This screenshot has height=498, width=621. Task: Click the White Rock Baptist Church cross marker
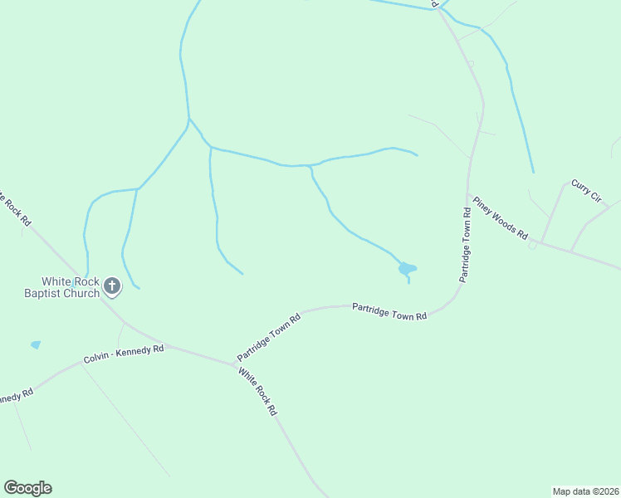coord(112,288)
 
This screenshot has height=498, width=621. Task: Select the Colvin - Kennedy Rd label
coord(124,354)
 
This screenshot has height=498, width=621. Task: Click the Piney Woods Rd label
coord(500,217)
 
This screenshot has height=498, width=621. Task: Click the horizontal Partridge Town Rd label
coord(389,312)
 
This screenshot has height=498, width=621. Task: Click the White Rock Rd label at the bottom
coord(257,392)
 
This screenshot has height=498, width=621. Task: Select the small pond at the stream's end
coord(406,268)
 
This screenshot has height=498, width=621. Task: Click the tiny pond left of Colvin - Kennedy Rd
coord(35,344)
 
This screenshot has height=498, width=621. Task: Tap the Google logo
coord(27,488)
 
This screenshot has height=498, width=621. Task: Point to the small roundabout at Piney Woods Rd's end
coord(533,245)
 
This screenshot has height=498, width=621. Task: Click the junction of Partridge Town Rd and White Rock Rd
coord(236,364)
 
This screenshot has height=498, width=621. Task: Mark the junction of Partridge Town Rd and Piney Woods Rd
coord(470,193)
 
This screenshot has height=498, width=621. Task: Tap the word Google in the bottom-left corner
coord(27,488)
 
